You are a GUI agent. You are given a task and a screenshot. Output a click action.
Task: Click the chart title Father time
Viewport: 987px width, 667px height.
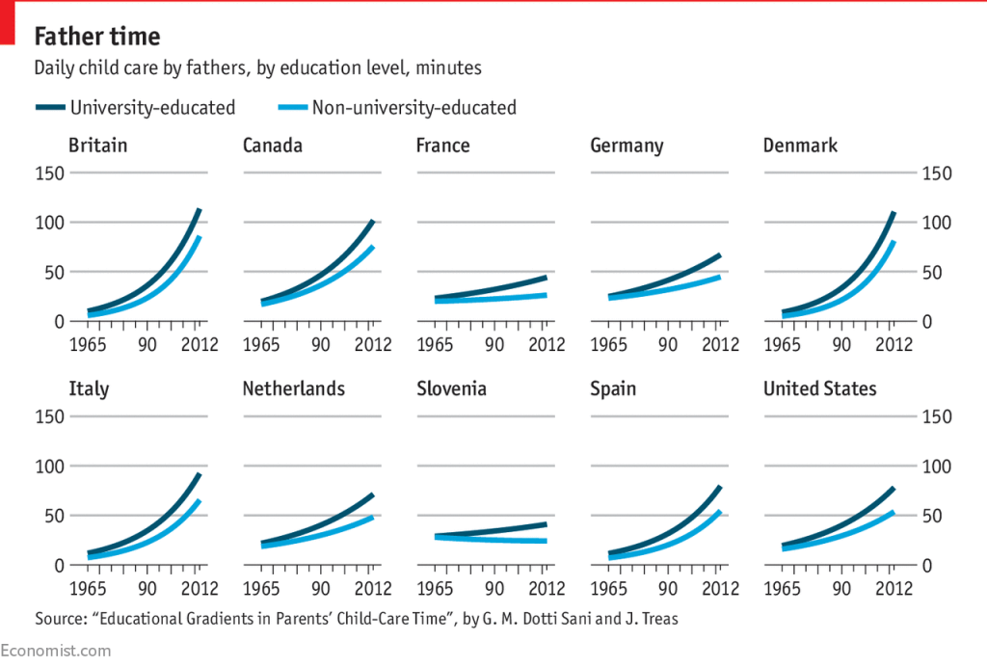(x=97, y=37)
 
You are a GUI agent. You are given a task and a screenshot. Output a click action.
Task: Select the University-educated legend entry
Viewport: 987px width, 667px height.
(x=152, y=108)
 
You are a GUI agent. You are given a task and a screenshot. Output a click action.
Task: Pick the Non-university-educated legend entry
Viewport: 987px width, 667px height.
(x=413, y=108)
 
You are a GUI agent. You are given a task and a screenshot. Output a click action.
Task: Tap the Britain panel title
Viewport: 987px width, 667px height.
(x=97, y=146)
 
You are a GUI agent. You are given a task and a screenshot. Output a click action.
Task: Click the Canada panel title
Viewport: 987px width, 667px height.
(x=273, y=146)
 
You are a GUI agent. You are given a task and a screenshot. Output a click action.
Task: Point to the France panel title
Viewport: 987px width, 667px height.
(x=443, y=146)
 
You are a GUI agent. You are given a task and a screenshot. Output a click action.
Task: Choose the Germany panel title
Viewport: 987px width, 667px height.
(x=627, y=146)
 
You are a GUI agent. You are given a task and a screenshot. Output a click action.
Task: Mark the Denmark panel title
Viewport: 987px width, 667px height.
(x=800, y=146)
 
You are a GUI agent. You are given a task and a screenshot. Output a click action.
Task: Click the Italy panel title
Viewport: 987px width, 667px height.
(x=89, y=389)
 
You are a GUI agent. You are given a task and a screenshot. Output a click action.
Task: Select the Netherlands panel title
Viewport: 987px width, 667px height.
(x=294, y=389)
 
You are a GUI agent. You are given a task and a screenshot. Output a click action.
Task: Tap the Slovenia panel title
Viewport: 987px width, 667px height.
(x=451, y=389)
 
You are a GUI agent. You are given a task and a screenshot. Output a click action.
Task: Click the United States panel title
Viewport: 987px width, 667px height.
(x=820, y=389)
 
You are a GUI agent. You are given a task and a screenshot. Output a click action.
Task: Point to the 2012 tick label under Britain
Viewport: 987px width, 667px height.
(x=200, y=345)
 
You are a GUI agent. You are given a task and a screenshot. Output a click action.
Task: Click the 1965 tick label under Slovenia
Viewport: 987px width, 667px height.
(x=437, y=589)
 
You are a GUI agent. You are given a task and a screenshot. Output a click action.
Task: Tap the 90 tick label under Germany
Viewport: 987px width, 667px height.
(x=668, y=345)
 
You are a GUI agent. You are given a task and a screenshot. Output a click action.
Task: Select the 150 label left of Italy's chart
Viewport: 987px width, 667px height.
(x=48, y=416)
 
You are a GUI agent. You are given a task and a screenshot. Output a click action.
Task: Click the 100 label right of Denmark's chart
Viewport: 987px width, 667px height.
(x=939, y=223)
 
